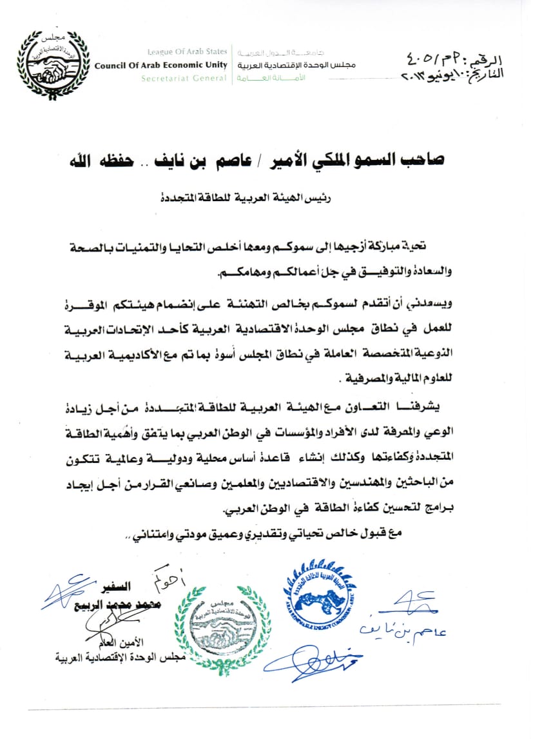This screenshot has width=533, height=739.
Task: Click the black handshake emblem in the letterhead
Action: click(53, 64)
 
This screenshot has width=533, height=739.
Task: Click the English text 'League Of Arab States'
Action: click(187, 53)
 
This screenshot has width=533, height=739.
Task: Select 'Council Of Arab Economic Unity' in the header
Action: click(160, 66)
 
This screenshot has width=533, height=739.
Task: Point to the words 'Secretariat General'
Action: click(184, 79)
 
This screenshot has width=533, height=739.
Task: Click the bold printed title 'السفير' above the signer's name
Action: click(118, 587)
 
